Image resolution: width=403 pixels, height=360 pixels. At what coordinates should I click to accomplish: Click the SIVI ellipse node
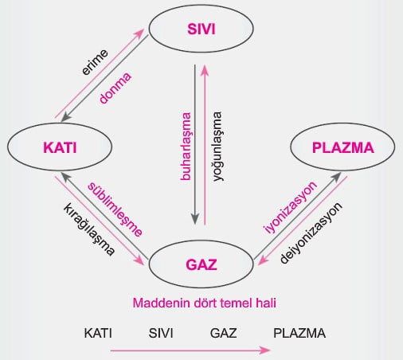coord(201,29)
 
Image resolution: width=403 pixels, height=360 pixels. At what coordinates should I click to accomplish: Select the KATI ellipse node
coord(60,147)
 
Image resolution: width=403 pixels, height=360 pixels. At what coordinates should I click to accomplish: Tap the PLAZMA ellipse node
coord(342,147)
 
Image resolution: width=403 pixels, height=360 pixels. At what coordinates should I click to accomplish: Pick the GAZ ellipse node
coord(201,264)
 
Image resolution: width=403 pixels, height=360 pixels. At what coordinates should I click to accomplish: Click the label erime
coord(95,62)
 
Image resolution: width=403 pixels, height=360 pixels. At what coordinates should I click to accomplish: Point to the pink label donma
coord(115,88)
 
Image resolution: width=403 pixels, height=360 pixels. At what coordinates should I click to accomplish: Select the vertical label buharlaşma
coord(186,147)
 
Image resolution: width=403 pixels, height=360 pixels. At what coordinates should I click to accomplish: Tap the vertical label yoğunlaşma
coord(217,147)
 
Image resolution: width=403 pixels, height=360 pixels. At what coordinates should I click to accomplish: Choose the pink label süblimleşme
coord(115,209)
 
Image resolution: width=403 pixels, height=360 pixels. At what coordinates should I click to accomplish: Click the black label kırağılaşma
coord(89,229)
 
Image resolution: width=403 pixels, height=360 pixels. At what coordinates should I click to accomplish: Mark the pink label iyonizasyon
coord(290,208)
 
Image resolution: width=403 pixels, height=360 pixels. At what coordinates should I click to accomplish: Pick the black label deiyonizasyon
coord(311,233)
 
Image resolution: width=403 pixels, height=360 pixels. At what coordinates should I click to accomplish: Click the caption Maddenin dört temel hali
coord(205,303)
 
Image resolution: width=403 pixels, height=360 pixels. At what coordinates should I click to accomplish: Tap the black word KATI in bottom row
coord(98,333)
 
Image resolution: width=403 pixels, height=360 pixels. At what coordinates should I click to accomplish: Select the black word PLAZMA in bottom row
coord(299,333)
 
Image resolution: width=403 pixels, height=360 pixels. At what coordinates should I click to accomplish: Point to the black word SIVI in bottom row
coord(161,333)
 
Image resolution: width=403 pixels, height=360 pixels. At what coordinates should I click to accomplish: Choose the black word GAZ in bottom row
coord(223,333)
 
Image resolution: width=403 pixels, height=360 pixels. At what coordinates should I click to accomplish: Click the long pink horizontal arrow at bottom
coord(190,350)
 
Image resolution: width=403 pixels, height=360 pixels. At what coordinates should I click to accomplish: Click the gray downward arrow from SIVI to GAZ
coord(195,145)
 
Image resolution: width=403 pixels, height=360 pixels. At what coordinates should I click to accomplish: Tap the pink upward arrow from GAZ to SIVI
coord(205,145)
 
